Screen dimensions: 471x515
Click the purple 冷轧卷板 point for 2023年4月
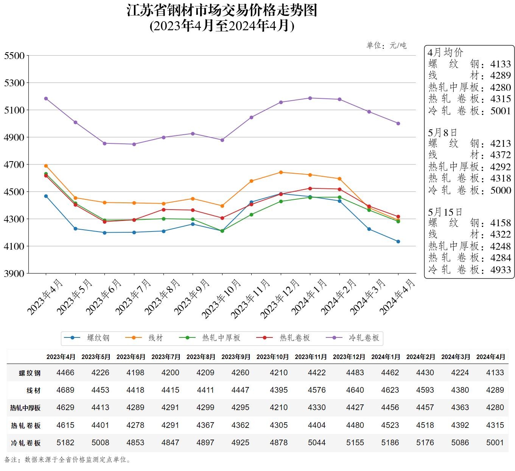(46, 98)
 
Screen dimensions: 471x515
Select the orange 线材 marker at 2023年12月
(281, 173)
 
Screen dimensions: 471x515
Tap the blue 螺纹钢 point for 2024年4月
(398, 241)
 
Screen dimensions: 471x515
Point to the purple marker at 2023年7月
(134, 144)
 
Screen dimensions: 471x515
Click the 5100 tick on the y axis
(14, 110)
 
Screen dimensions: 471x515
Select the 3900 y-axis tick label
(14, 274)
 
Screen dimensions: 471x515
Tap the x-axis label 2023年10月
(221, 298)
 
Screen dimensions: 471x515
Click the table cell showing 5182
(65, 443)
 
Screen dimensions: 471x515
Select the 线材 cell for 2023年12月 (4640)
(355, 390)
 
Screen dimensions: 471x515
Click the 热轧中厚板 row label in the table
(25, 408)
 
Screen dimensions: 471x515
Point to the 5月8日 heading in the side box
(442, 132)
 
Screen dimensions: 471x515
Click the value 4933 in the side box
(500, 270)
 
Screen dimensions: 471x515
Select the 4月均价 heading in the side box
(445, 52)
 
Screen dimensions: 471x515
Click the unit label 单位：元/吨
(386, 46)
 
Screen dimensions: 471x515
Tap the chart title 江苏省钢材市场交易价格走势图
(222, 11)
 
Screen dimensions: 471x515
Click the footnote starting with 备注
(68, 460)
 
